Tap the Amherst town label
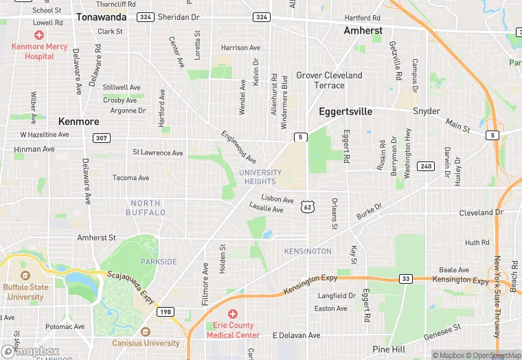tap(363, 31)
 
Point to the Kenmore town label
tap(78, 122)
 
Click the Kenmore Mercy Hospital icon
tap(39, 34)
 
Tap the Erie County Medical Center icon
tap(233, 313)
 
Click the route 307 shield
tap(102, 138)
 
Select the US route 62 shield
tap(308, 206)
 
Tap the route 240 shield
tap(426, 166)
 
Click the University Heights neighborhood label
tap(260, 177)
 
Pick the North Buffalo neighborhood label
tap(145, 207)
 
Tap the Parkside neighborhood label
tap(159, 262)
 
